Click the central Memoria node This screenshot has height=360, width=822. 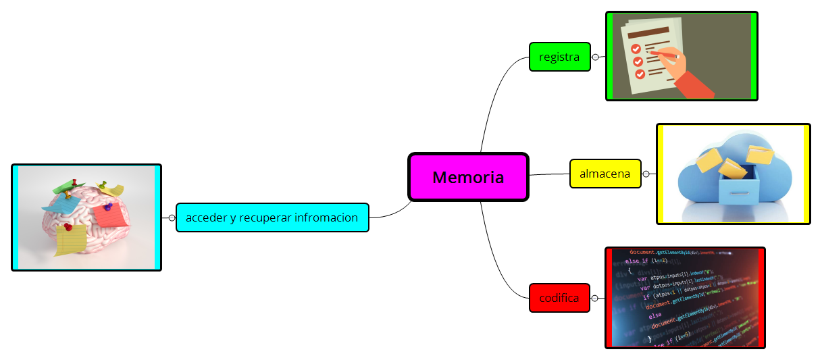[x=468, y=177]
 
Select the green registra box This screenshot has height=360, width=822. [x=559, y=57]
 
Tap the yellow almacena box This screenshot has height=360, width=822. [x=605, y=174]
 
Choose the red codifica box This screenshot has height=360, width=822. [x=559, y=298]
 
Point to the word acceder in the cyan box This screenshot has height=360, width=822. [x=206, y=217]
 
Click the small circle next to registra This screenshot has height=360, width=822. [x=595, y=57]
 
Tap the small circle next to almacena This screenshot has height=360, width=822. [x=646, y=174]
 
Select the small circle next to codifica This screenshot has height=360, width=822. [x=595, y=298]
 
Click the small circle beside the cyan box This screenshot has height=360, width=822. [x=172, y=217]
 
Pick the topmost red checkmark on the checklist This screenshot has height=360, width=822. [x=636, y=49]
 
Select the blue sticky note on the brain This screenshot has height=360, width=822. [x=57, y=201]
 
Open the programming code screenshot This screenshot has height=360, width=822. [x=685, y=297]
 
